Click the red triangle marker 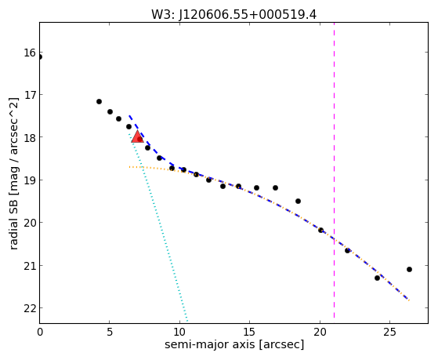(x=137, y=136)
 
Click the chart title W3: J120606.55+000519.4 (x=233, y=15)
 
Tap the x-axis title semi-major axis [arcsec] (x=234, y=344)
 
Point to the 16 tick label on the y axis (x=30, y=53)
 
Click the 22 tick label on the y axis (x=30, y=308)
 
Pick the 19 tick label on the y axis (x=30, y=180)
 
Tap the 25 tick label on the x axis (x=389, y=333)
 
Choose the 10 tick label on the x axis (x=179, y=333)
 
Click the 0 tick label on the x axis (x=40, y=333)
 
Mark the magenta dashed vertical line (x=334, y=170)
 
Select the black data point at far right (x=409, y=269)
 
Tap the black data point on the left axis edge (x=40, y=57)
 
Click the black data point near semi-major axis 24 (x=377, y=278)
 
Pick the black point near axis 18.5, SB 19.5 (x=298, y=201)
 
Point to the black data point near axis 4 (x=99, y=101)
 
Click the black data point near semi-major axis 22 (x=347, y=251)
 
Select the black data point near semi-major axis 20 (x=320, y=231)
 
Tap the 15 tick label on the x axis (x=249, y=333)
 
